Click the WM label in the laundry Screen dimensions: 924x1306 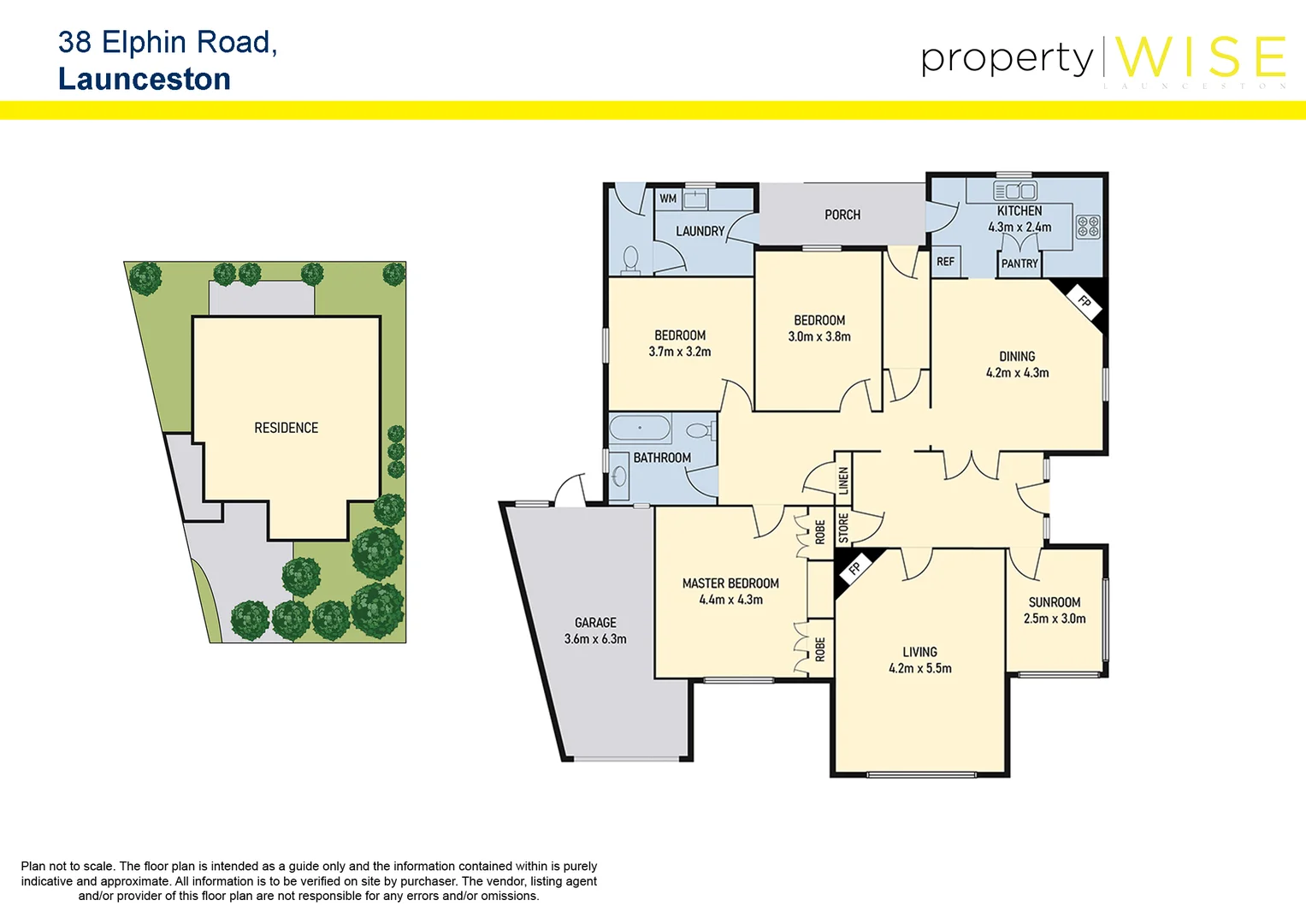tap(668, 198)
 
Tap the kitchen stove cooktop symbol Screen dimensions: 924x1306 tap(1087, 227)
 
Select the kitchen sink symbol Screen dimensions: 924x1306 tap(1015, 191)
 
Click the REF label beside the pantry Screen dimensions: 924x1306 tap(945, 262)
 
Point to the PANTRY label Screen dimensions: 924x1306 tap(1019, 264)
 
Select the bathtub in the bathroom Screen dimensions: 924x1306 tap(640, 428)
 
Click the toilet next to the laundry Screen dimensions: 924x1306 tap(631, 258)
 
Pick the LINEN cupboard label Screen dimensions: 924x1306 tap(843, 480)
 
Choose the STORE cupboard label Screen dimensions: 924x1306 tap(843, 528)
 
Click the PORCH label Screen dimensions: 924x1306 tap(842, 215)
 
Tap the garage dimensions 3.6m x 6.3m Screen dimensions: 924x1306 tap(595, 639)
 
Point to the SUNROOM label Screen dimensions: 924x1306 tap(1054, 602)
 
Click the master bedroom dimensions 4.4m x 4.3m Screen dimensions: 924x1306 tap(730, 600)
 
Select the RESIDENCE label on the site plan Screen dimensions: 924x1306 tap(286, 428)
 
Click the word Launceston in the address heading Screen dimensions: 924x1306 tap(145, 80)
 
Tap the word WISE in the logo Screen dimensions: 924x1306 tap(1200, 58)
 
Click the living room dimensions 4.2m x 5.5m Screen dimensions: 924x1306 tap(919, 668)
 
